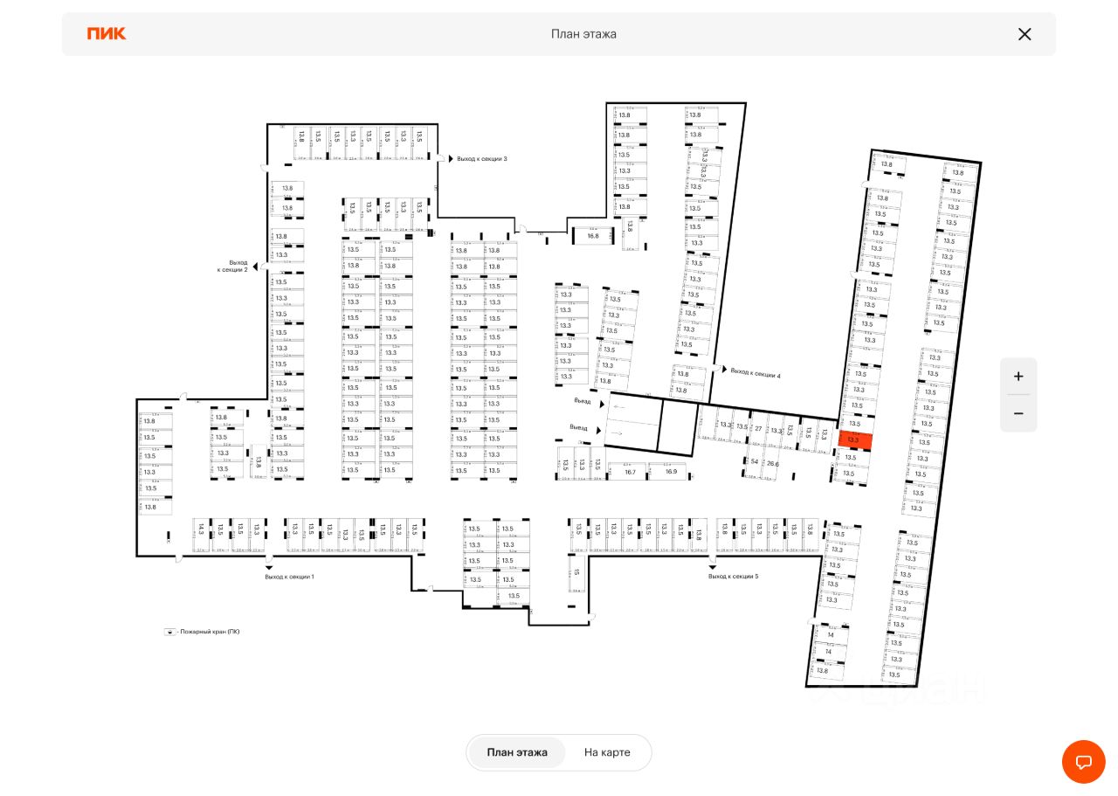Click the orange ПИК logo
pos(107,34)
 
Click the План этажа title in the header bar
pos(583,34)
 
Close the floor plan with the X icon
pos(1025,34)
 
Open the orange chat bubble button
pos(1083,761)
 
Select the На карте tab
pos(607,752)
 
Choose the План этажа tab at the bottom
pos(517,752)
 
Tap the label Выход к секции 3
pos(481,159)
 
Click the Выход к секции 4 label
pos(755,374)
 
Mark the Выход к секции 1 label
pos(289,577)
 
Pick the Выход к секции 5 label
pos(733,577)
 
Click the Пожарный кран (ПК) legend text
pos(209,632)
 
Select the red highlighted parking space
pos(854,440)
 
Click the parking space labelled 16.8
pos(593,236)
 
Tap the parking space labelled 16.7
pos(630,472)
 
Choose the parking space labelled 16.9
pos(670,472)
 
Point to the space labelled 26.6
pos(772,464)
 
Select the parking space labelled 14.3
pos(201,530)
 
